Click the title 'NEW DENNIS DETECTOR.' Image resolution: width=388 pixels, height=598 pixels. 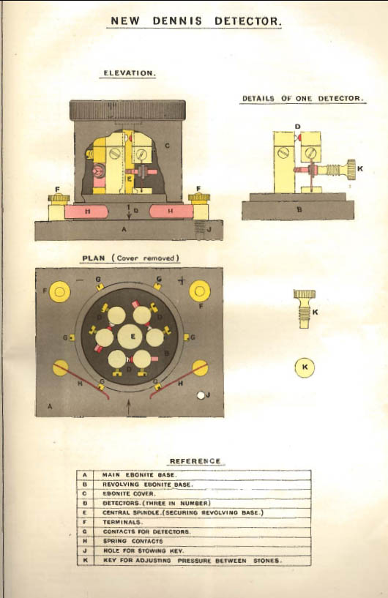(x=196, y=21)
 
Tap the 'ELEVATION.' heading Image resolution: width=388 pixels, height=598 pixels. (x=128, y=73)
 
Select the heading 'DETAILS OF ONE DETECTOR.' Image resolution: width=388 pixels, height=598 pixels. (x=302, y=98)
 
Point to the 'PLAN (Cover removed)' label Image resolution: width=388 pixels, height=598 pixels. (x=131, y=258)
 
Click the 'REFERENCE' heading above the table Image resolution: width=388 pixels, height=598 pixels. (x=195, y=461)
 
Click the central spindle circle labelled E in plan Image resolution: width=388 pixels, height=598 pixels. (x=130, y=337)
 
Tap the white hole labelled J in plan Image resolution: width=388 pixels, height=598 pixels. (x=201, y=395)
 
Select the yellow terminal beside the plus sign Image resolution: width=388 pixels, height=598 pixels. (x=200, y=291)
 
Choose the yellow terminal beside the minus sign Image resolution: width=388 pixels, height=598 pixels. (x=59, y=292)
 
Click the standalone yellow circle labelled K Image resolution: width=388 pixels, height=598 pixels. (x=305, y=367)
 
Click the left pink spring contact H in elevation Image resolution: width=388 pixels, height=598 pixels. (x=86, y=212)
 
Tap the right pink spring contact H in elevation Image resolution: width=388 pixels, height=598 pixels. (x=171, y=211)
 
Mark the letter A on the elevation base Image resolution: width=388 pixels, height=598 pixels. (x=123, y=230)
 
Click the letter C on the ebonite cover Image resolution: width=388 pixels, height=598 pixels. (x=167, y=146)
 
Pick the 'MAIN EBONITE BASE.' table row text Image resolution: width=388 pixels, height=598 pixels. (x=139, y=475)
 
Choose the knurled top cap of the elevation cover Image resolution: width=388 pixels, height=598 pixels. (x=128, y=111)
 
